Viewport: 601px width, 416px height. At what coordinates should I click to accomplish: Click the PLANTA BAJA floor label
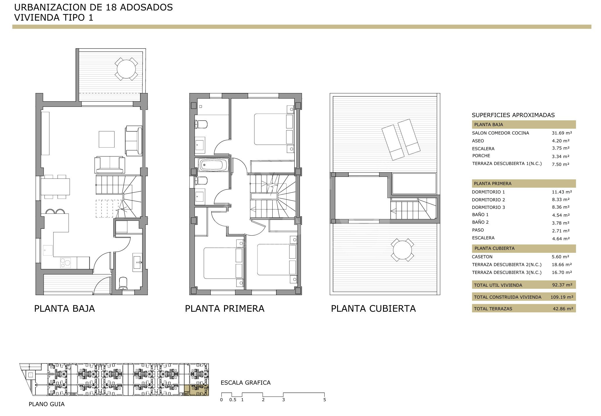tap(65, 308)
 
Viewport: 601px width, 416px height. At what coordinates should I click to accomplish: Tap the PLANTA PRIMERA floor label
tap(225, 308)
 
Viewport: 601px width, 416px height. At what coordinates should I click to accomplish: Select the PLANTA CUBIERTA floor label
tap(373, 308)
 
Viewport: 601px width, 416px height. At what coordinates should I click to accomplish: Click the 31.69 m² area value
tap(562, 133)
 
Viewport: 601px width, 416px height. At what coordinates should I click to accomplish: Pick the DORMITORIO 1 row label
tap(488, 192)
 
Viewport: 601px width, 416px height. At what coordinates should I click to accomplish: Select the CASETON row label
tap(482, 257)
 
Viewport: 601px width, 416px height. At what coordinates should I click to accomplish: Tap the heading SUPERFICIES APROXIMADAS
tap(513, 115)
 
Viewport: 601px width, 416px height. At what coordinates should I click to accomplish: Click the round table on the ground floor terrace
tap(126, 69)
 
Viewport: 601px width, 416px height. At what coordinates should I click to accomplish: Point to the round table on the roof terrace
tap(403, 250)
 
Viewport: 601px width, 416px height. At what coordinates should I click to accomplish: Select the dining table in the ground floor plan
tap(55, 187)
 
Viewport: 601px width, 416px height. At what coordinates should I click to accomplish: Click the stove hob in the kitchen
tap(66, 263)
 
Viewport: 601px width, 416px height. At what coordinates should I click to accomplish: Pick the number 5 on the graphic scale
tap(325, 400)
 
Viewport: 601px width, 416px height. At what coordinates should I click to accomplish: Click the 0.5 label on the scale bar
tap(232, 400)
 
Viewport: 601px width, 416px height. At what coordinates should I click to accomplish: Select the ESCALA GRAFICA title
tap(246, 383)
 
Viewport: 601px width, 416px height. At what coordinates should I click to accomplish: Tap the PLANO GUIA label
tap(46, 404)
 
